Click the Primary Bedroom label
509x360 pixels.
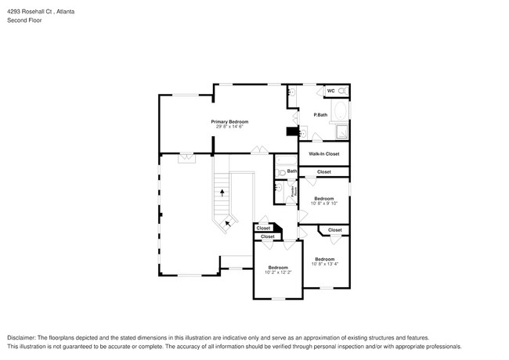(229, 121)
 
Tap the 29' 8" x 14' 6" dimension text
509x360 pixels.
(229, 126)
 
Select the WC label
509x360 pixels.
(330, 91)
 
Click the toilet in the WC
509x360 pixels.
(343, 91)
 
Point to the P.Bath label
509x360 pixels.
(319, 115)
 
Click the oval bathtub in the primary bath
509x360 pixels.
(341, 114)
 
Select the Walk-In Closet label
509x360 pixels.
(323, 154)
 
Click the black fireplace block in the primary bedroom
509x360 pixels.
(292, 131)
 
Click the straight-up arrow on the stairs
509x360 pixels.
(222, 191)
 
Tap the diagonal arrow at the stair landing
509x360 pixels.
(228, 222)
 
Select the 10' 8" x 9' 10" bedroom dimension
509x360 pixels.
(324, 203)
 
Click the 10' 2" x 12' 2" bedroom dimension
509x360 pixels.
(278, 272)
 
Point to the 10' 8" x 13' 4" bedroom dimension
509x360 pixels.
(324, 264)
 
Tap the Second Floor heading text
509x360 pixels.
(26, 20)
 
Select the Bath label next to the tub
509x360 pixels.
(292, 171)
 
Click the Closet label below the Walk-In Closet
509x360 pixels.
(323, 171)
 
